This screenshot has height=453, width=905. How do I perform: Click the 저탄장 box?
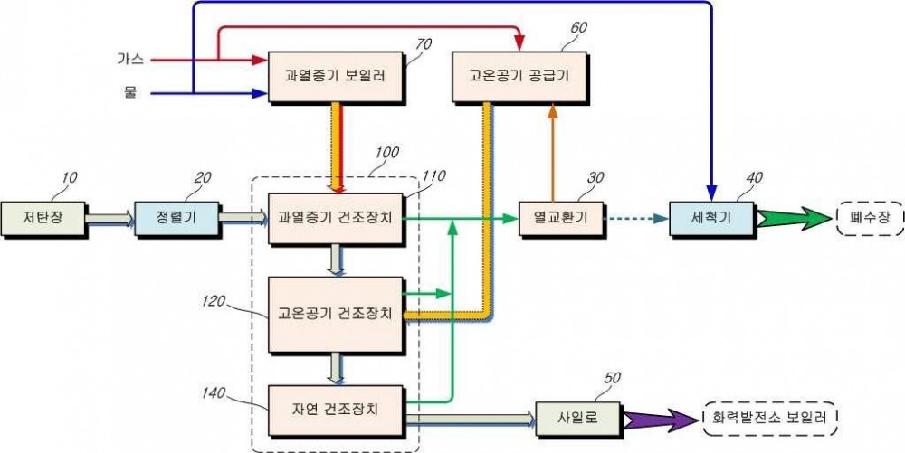43,219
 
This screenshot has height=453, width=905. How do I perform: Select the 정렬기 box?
176,219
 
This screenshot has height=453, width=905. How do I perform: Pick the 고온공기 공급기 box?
519,77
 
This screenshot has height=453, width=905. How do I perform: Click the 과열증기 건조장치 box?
336,219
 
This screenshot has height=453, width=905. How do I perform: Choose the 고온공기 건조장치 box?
336,314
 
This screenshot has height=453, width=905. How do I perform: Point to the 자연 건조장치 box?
336,410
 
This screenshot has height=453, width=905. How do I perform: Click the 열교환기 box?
561,219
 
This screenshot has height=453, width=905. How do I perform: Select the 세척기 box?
711,219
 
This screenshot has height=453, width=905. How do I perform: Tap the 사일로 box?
578,419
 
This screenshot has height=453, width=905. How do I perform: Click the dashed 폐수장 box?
870,219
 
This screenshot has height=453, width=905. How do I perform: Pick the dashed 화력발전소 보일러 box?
770,419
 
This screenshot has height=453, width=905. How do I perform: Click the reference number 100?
386,153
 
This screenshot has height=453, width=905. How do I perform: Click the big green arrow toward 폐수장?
794,219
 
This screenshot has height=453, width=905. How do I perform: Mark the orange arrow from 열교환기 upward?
553,153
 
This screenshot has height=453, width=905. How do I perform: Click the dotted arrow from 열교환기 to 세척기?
636,219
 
